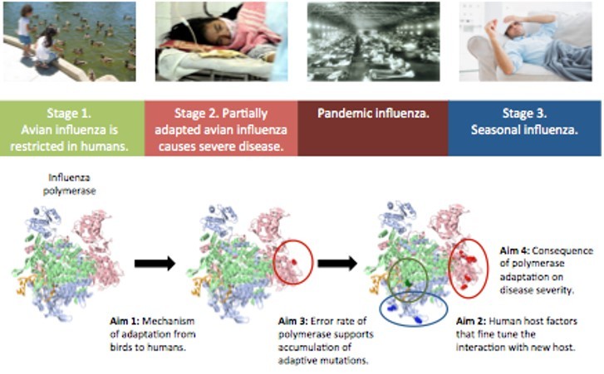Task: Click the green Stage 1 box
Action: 72,128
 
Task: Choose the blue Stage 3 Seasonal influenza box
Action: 524,128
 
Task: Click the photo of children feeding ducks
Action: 70,41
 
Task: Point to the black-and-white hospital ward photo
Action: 372,41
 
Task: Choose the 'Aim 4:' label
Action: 515,250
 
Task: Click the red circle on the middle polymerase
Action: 292,262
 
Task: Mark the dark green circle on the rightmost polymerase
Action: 407,279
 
